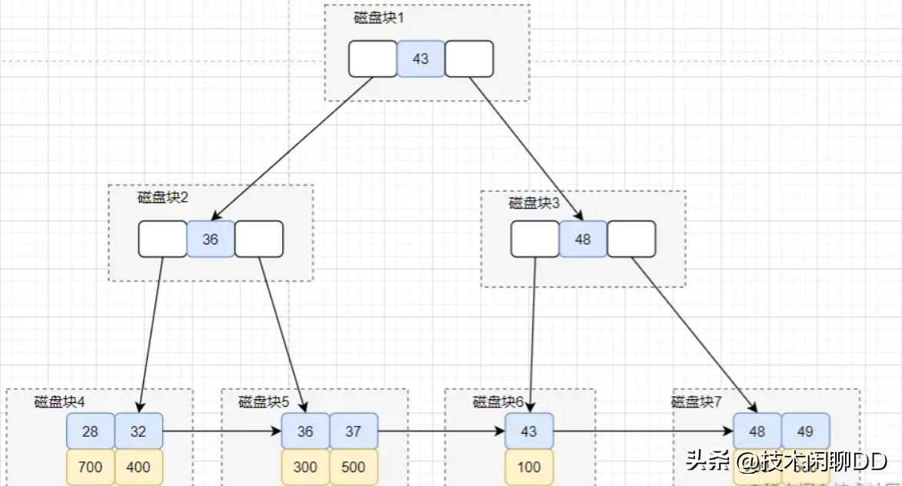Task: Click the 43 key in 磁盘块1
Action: [x=421, y=58]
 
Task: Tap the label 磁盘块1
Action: [x=378, y=18]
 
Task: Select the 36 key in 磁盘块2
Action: [x=210, y=239]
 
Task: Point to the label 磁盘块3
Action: [x=534, y=203]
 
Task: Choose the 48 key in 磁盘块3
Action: [x=583, y=239]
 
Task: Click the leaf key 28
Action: [x=90, y=431]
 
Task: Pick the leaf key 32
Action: [x=138, y=431]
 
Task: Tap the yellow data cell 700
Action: [x=90, y=467]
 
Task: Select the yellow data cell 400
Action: [x=138, y=467]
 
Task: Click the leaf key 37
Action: [x=353, y=431]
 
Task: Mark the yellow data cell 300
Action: [x=305, y=467]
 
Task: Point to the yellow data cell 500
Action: [x=353, y=467]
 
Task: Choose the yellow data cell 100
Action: [x=529, y=467]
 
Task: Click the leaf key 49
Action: [x=805, y=431]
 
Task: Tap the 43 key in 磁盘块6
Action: [x=529, y=431]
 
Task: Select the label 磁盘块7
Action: [x=697, y=401]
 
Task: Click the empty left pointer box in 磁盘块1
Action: [x=373, y=58]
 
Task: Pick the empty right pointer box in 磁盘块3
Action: [x=631, y=239]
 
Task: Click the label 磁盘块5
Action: [x=264, y=401]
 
